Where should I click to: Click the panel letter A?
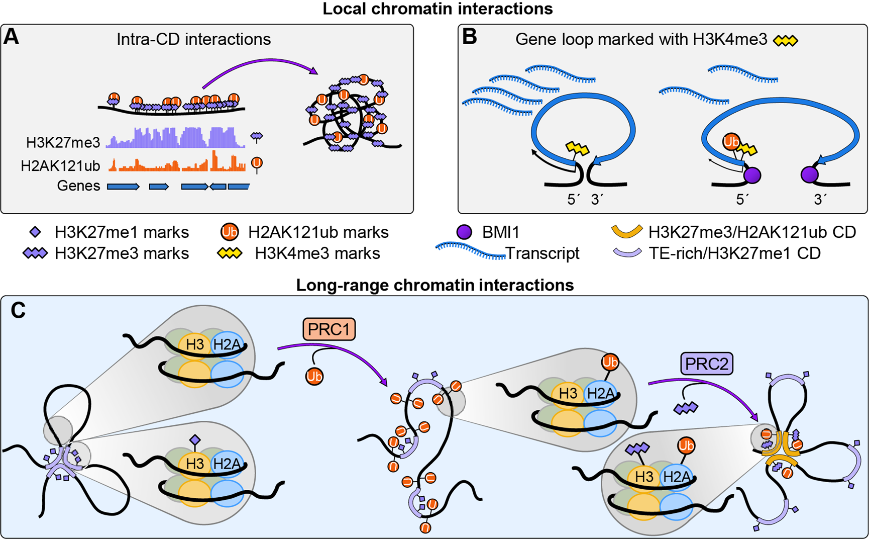(x=11, y=37)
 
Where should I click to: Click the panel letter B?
(x=469, y=37)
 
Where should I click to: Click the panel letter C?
(x=18, y=311)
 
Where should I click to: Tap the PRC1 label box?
(x=329, y=329)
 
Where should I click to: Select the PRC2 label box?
(x=706, y=364)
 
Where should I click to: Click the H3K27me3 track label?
(x=63, y=143)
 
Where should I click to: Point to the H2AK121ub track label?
(x=60, y=165)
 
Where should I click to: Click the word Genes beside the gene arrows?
(x=78, y=186)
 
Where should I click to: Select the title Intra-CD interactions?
(x=193, y=39)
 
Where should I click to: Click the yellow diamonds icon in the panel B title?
(x=786, y=41)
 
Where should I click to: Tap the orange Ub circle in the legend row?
(x=230, y=232)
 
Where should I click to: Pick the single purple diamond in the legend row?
(x=35, y=232)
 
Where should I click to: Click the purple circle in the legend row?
(x=464, y=232)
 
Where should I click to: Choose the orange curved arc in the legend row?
(x=627, y=231)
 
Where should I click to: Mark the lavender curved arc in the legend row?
(x=627, y=252)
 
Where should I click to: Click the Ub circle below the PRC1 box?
(x=314, y=376)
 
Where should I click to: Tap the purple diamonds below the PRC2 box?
(x=686, y=407)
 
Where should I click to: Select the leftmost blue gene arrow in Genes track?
(x=123, y=187)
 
